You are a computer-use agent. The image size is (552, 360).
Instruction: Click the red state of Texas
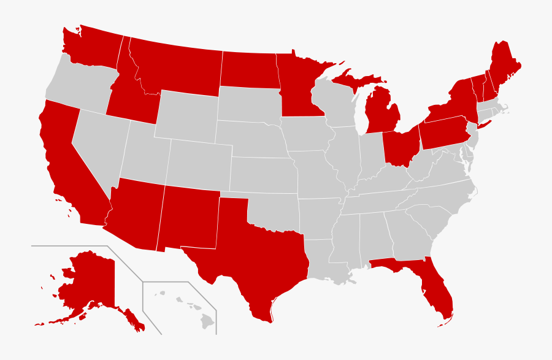click(x=245, y=258)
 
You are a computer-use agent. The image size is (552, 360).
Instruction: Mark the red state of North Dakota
click(x=248, y=69)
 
